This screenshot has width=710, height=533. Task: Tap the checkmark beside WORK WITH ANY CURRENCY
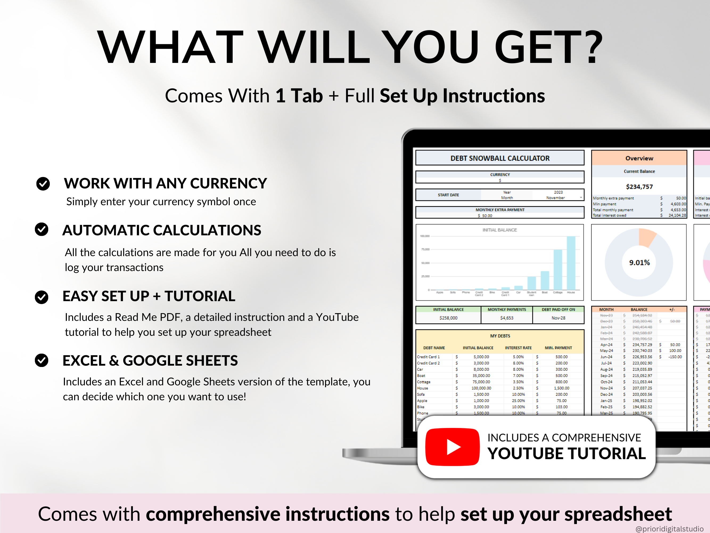pyautogui.click(x=43, y=184)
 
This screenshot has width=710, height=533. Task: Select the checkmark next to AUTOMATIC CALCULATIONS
pyautogui.click(x=42, y=229)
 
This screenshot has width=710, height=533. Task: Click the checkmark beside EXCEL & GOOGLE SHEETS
pyautogui.click(x=42, y=360)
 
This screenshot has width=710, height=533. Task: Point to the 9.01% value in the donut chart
pyautogui.click(x=639, y=263)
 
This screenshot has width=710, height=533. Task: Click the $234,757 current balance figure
pyautogui.click(x=639, y=187)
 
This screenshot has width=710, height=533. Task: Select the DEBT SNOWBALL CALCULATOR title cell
pyautogui.click(x=500, y=158)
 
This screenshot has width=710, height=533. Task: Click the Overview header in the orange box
pyautogui.click(x=639, y=158)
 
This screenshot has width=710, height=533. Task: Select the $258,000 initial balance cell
pyautogui.click(x=448, y=318)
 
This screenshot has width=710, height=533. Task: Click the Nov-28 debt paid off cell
pyautogui.click(x=558, y=318)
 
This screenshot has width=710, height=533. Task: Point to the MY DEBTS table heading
pyautogui.click(x=500, y=336)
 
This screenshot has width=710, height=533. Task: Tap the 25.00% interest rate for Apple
pyautogui.click(x=518, y=401)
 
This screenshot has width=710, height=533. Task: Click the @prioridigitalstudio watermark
pyautogui.click(x=669, y=528)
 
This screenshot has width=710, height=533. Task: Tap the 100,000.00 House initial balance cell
pyautogui.click(x=481, y=388)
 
